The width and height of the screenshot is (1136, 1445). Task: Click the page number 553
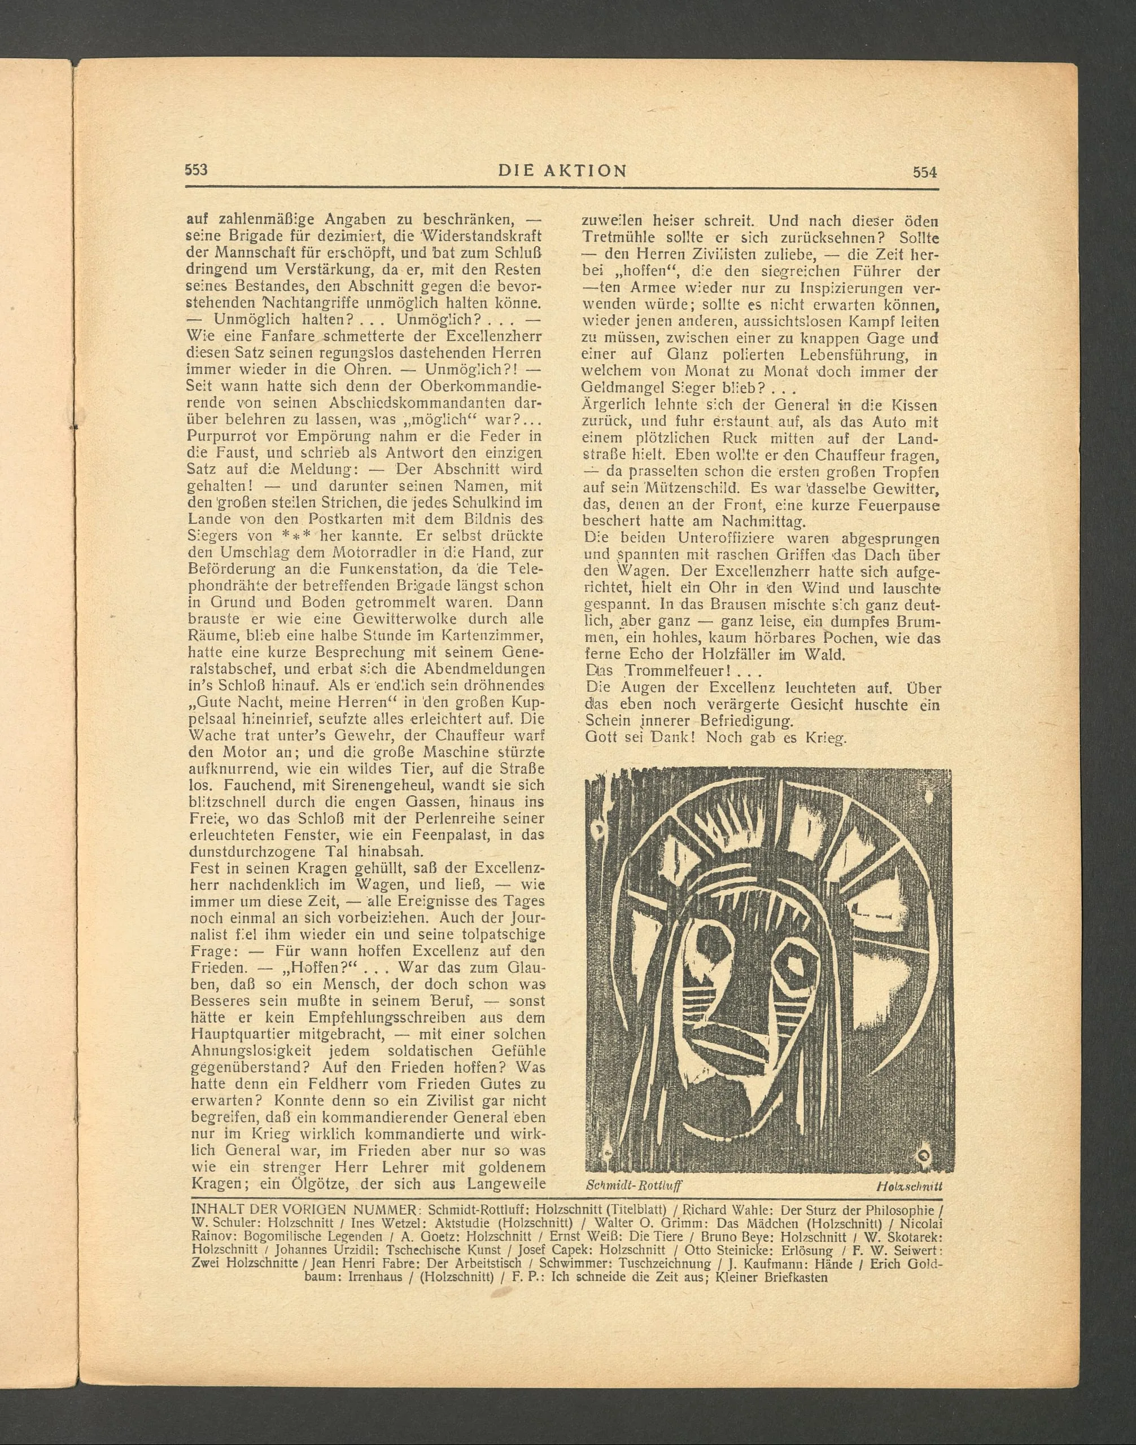pos(196,169)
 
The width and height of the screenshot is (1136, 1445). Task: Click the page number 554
pos(924,172)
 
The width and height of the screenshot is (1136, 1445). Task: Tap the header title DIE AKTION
pos(562,171)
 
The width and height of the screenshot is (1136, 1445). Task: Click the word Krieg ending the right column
pos(827,738)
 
